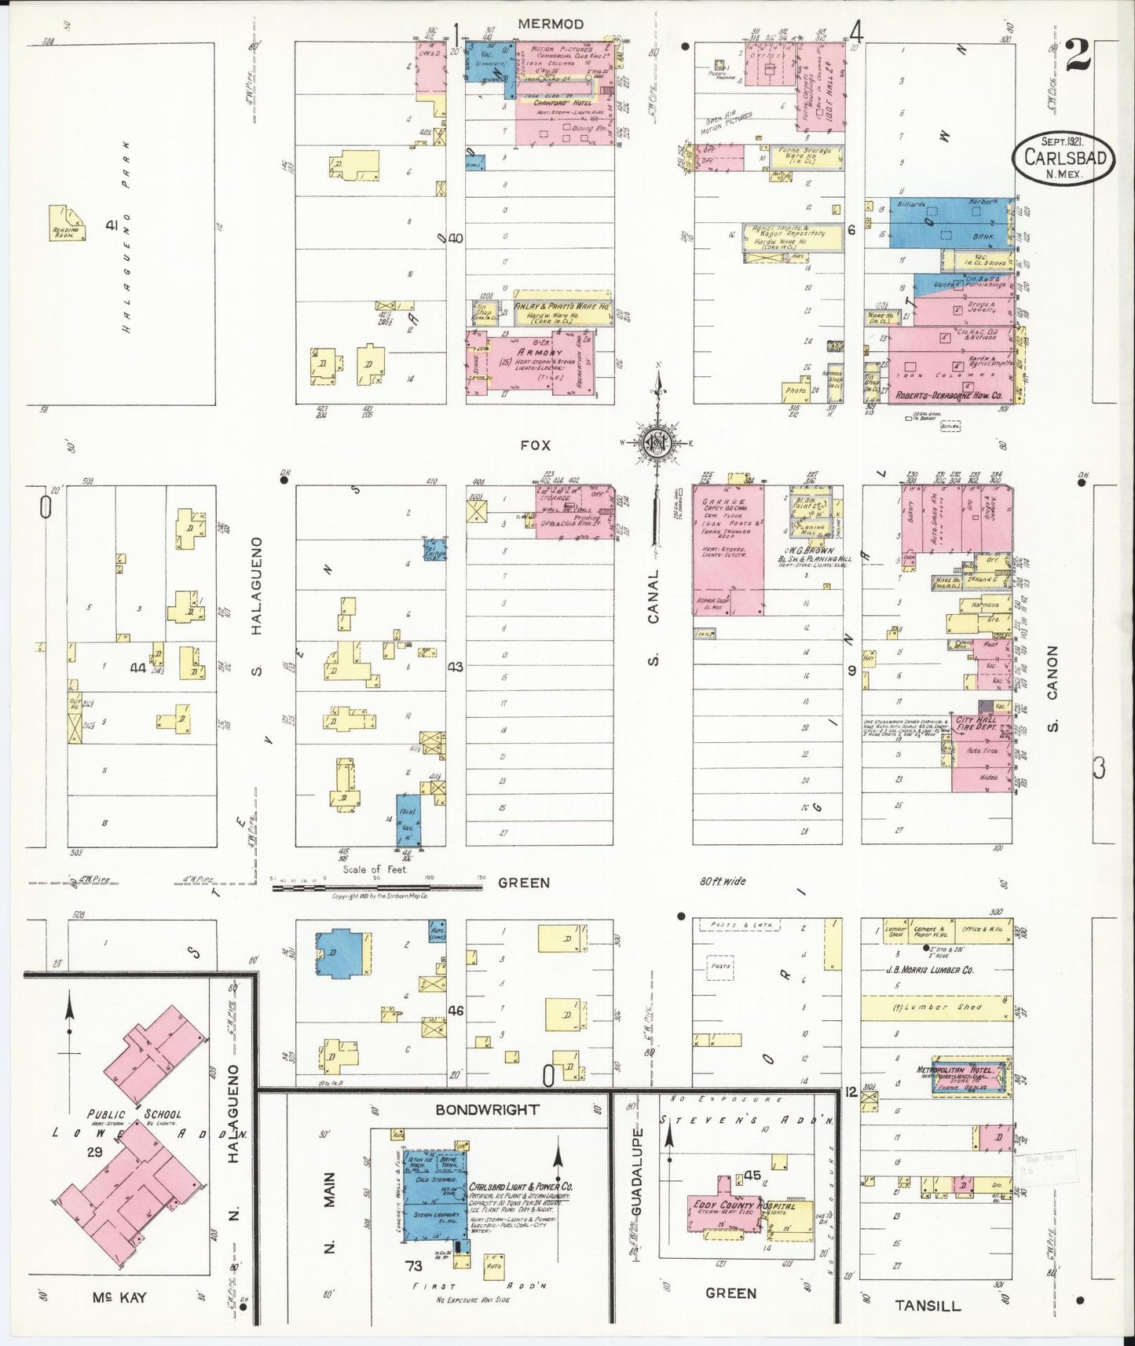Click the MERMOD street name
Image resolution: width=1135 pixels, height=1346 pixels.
click(551, 24)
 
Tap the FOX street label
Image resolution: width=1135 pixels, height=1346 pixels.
click(535, 445)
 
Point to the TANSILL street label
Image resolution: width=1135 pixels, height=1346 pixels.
click(928, 1305)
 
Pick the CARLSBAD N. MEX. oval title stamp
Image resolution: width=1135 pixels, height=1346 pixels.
click(1064, 157)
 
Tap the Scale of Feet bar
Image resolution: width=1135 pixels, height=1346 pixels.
click(377, 887)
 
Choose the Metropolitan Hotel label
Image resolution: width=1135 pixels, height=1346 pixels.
click(956, 1070)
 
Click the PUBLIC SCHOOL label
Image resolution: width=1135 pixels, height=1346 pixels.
click(134, 1114)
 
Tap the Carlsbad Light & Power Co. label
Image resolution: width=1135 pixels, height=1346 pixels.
click(522, 1187)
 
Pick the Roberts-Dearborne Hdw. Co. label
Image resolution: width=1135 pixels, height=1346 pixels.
click(949, 397)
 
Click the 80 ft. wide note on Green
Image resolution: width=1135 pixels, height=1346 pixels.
click(723, 881)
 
